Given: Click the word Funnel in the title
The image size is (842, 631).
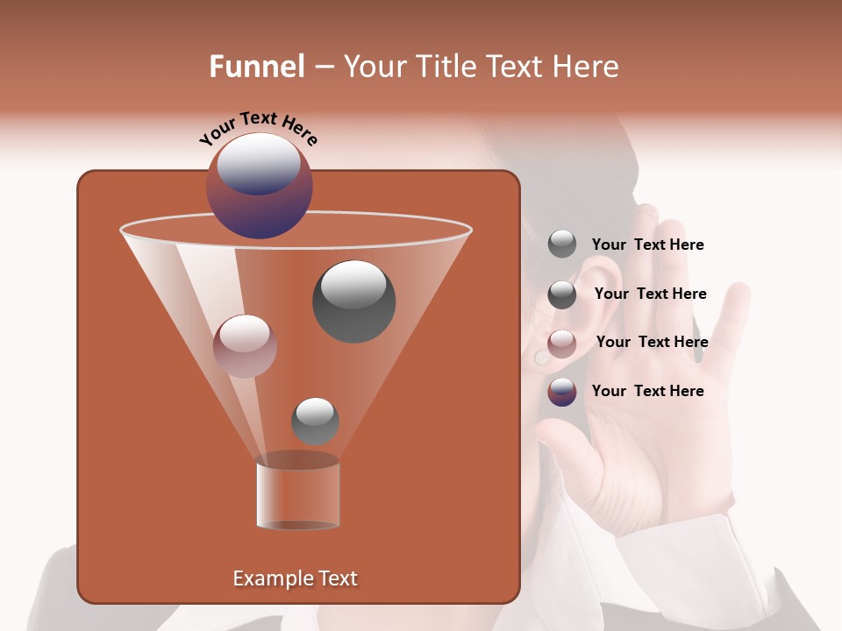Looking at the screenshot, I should (257, 67).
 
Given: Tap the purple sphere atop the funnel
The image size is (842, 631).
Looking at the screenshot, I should (259, 186).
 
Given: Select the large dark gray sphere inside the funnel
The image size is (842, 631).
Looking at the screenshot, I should (353, 301).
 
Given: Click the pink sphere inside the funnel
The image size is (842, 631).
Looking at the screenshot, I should (245, 345).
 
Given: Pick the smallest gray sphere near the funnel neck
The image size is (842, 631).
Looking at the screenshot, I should (315, 421).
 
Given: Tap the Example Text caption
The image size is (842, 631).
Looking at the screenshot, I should (295, 578).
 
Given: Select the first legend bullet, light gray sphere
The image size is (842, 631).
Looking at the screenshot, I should (562, 244).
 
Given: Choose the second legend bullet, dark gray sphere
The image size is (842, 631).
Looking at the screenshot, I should (562, 294).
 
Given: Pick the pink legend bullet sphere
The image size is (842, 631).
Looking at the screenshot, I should (562, 344).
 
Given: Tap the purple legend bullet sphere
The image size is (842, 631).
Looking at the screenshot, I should (562, 392).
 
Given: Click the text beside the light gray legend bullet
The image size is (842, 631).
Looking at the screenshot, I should (647, 245).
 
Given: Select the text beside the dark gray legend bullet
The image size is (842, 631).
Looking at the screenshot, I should (650, 294).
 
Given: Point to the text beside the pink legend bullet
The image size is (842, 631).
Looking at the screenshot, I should (652, 342).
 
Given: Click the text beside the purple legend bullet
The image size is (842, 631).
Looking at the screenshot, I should (647, 391).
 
